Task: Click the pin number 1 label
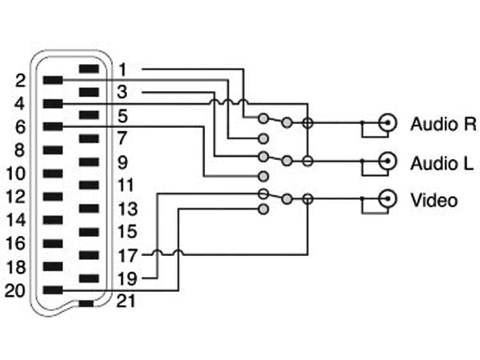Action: [122, 70]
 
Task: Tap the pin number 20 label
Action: [14, 290]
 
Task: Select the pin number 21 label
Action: [126, 302]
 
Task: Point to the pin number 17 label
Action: [127, 256]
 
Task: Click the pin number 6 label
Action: [20, 126]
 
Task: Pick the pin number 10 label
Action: [16, 174]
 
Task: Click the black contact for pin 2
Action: [53, 80]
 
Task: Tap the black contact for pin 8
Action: [53, 150]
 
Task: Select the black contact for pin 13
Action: [89, 209]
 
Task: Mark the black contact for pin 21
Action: [86, 304]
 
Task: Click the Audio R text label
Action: [443, 124]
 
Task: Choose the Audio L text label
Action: [442, 163]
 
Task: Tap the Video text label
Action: [434, 200]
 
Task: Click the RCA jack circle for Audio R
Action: [387, 123]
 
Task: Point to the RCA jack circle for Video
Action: [387, 199]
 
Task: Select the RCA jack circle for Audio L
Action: [387, 161]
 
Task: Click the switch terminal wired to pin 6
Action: [263, 176]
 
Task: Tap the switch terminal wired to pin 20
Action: [263, 210]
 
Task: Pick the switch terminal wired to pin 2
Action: [263, 138]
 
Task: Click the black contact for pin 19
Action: [89, 278]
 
